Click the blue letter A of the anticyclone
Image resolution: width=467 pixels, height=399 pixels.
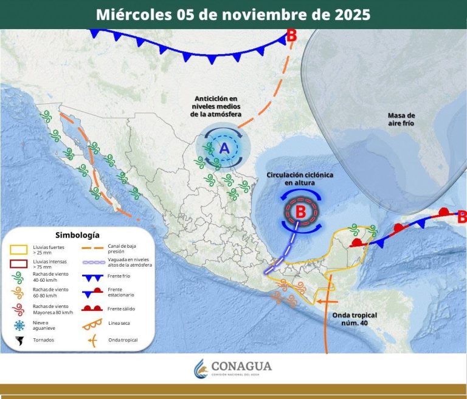[x=223, y=148]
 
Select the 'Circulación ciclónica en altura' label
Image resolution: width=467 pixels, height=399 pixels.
[x=300, y=179]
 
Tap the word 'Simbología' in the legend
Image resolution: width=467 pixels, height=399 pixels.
[x=77, y=234]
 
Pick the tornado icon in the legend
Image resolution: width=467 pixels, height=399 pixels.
[x=19, y=340]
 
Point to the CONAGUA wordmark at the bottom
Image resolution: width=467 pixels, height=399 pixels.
[x=241, y=366]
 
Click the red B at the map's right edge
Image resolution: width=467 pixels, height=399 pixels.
[x=462, y=216]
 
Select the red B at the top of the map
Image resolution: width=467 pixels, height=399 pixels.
[x=291, y=35]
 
